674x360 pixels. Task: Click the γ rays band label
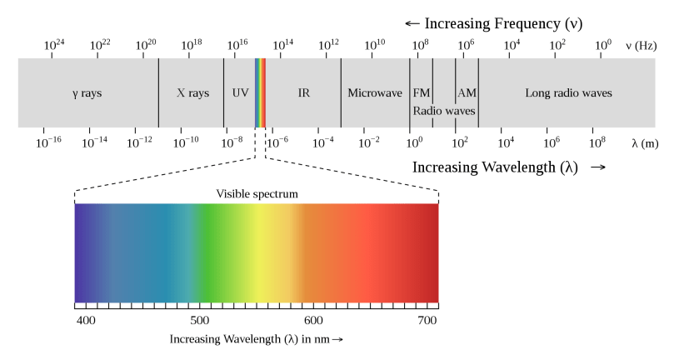click(x=87, y=92)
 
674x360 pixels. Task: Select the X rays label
click(x=192, y=92)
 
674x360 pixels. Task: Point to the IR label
click(x=304, y=92)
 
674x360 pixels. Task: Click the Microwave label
click(x=375, y=92)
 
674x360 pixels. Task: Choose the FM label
click(x=421, y=92)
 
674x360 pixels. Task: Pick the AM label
click(x=467, y=92)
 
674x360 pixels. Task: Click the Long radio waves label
click(x=568, y=92)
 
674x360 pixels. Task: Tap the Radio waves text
click(x=444, y=110)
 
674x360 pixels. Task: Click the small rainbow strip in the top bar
click(x=261, y=92)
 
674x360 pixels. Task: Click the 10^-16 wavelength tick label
click(x=48, y=142)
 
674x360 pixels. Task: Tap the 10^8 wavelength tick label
click(x=597, y=142)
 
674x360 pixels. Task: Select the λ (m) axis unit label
click(x=646, y=142)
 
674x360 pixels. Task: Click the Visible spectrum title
click(x=257, y=194)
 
